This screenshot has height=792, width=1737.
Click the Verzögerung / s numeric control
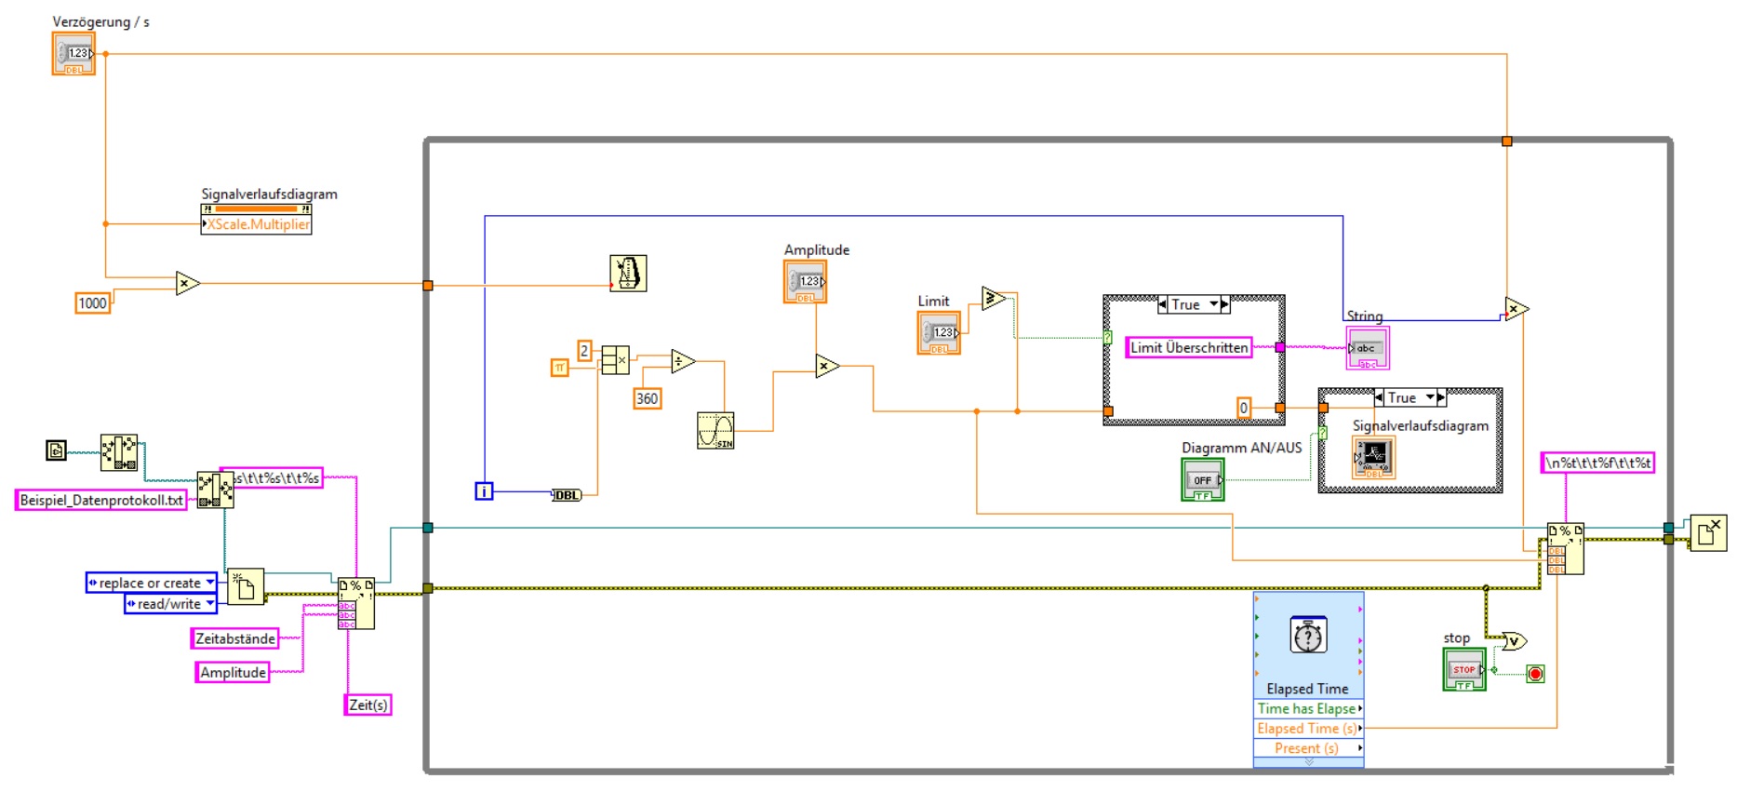point(73,54)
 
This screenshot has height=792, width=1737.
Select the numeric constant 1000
point(93,302)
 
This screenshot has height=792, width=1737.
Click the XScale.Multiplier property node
point(257,224)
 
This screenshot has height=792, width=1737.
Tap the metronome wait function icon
point(628,274)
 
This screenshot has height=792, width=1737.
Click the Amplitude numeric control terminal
point(805,281)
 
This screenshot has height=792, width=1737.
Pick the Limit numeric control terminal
point(939,332)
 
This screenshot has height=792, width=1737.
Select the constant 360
point(647,398)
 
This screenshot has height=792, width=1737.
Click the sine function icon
point(715,431)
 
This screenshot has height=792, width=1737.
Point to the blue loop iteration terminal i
point(484,490)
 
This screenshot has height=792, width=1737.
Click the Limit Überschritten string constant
point(1189,347)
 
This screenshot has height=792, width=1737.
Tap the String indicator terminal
point(1368,348)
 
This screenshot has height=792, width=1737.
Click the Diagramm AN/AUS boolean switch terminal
point(1203,480)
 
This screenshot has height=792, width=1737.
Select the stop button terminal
point(1463,669)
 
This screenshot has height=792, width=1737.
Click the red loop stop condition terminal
point(1535,674)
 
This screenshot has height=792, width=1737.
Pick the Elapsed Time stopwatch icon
point(1308,637)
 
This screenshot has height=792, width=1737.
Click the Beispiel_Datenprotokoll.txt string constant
point(101,500)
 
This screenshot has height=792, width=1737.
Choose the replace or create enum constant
point(151,583)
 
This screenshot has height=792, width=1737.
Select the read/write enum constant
point(170,604)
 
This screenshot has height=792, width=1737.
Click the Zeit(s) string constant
point(367,705)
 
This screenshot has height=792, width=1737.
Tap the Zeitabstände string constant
point(235,638)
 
